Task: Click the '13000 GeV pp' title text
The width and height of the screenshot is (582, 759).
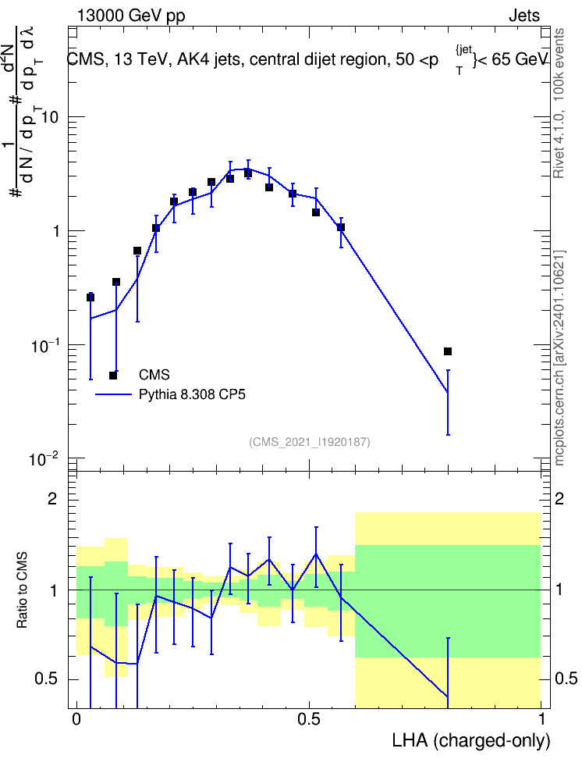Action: click(x=130, y=16)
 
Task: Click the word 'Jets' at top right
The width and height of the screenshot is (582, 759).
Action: click(x=524, y=16)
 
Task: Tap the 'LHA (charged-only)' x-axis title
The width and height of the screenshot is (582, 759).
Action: click(x=470, y=740)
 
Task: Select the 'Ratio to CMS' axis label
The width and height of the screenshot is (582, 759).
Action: click(x=22, y=590)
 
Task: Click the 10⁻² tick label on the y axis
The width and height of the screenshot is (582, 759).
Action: click(x=43, y=458)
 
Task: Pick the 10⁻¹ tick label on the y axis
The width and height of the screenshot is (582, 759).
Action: click(x=43, y=344)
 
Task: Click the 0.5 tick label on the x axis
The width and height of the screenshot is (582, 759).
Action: click(x=309, y=719)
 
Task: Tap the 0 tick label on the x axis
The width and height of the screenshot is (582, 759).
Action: click(x=76, y=719)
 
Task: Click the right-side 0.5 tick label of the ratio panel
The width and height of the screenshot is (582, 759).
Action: click(x=565, y=679)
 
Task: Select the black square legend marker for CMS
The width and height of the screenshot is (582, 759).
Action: click(x=113, y=375)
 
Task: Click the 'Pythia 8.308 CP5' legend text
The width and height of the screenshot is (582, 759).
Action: click(x=192, y=394)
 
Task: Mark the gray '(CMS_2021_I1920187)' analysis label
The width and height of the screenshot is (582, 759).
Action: click(x=310, y=441)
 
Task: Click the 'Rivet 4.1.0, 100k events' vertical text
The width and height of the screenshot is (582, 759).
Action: click(x=559, y=103)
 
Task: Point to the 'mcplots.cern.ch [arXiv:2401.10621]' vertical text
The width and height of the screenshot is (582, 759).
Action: click(x=559, y=358)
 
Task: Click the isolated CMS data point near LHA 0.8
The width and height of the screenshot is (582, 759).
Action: click(x=448, y=351)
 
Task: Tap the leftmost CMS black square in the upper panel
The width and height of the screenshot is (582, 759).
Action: click(x=90, y=298)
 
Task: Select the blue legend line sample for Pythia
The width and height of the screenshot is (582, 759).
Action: click(x=113, y=394)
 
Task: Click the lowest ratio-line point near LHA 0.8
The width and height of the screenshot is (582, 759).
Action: click(x=448, y=697)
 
